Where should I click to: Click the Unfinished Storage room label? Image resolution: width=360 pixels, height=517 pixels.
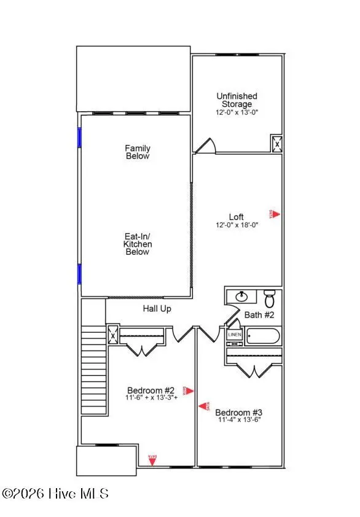point(237,100)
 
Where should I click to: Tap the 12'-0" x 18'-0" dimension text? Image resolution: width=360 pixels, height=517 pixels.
point(237,225)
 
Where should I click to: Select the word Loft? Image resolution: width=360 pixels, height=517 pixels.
point(237,217)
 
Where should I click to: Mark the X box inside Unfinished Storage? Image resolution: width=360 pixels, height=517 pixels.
point(277,144)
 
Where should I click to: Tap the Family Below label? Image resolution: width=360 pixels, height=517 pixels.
point(138,152)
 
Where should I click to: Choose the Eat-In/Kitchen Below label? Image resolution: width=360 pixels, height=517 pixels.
point(138,244)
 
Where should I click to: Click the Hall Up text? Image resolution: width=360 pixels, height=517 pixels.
point(157,309)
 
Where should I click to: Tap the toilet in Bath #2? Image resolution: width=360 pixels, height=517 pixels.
point(270,298)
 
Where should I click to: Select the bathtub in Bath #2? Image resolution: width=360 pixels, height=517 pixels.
point(262,336)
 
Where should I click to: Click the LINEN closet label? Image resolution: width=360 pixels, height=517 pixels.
point(235,335)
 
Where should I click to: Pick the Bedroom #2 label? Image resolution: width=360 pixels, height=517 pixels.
point(151,390)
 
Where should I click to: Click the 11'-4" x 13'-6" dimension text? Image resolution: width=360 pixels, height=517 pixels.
point(239,421)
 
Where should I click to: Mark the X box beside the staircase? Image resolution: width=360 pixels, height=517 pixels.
point(112,335)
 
